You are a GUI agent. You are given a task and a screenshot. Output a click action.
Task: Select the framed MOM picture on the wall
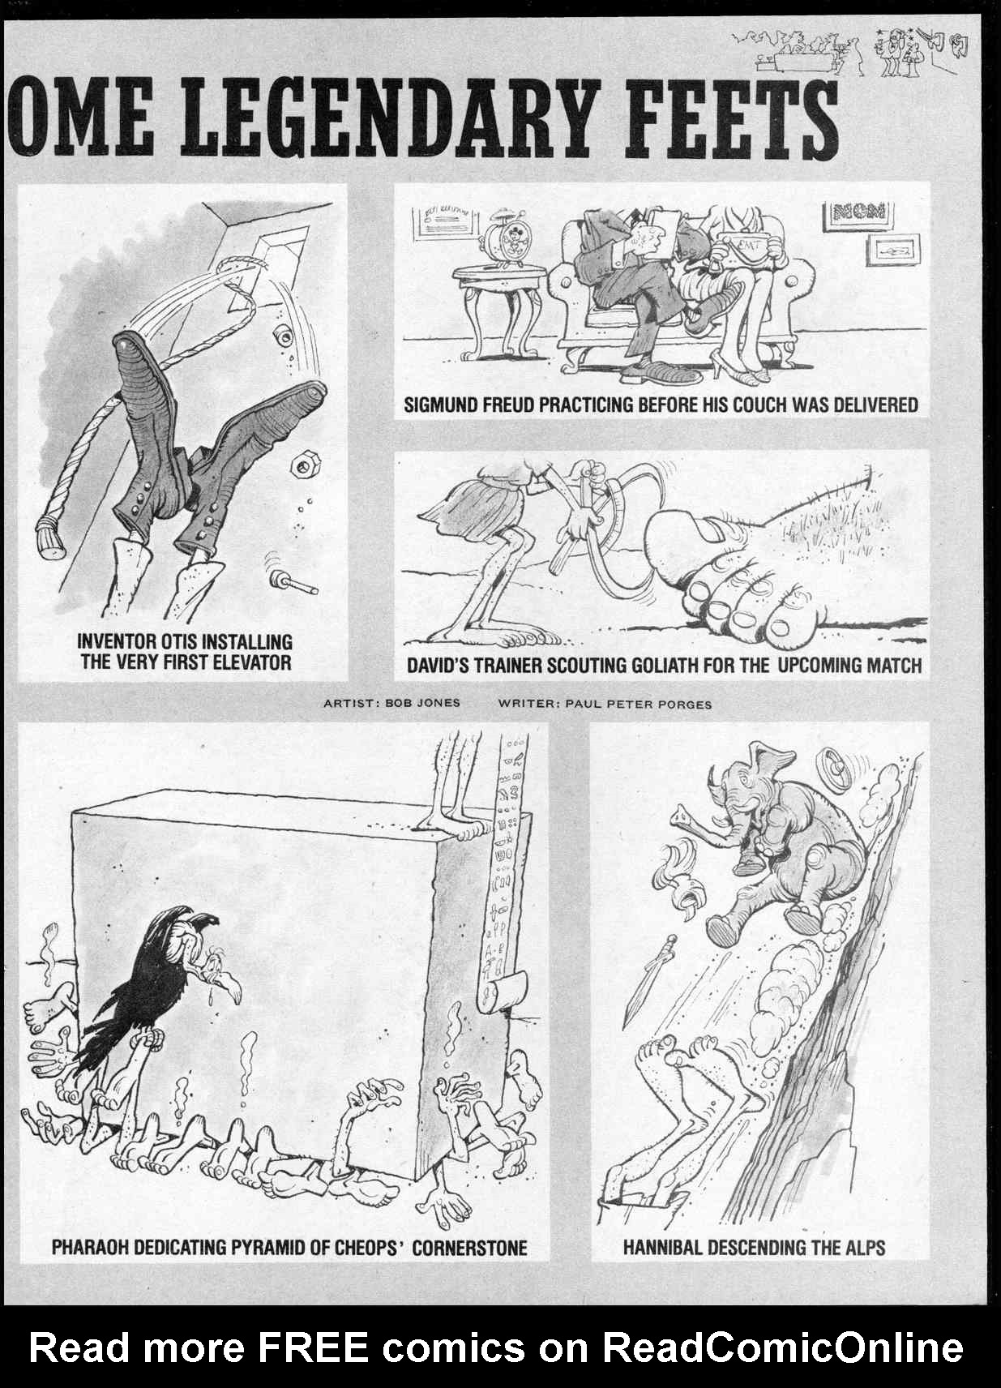(x=858, y=214)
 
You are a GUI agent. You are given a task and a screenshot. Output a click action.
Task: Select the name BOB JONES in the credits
(x=422, y=703)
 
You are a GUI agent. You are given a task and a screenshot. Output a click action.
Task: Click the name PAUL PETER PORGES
(x=639, y=704)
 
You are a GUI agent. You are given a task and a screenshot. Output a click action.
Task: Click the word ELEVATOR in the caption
(x=251, y=662)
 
